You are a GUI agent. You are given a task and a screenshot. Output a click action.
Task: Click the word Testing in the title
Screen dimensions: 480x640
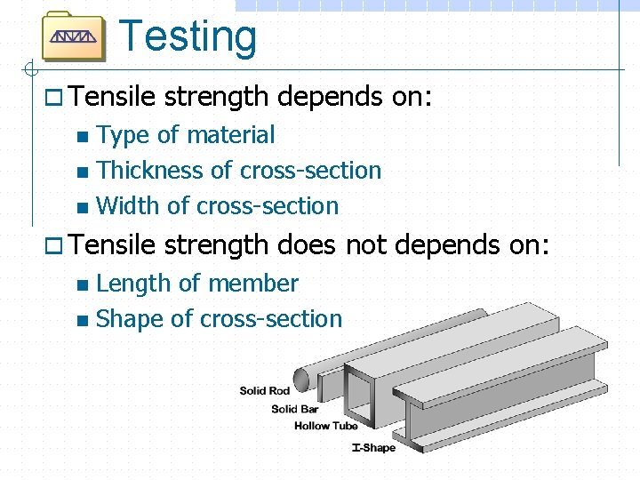coord(188,37)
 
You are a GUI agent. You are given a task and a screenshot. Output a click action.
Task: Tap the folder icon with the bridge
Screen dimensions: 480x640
coord(74,36)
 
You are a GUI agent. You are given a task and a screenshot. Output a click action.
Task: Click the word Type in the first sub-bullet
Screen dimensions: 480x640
coord(122,135)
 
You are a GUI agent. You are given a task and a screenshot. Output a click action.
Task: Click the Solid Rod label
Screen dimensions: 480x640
coord(265,391)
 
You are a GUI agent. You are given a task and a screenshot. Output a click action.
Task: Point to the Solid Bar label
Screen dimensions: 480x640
coord(295,409)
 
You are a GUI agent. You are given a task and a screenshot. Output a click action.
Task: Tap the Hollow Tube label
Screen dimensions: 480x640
coord(325,427)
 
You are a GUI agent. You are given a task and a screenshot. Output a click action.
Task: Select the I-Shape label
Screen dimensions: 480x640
coord(373,448)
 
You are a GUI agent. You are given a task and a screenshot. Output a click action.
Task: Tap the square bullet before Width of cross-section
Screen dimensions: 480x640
coord(83,208)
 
